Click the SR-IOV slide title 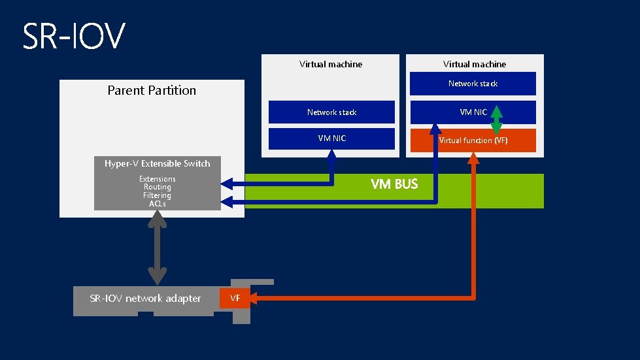[x=73, y=37]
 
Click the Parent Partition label [x=152, y=91]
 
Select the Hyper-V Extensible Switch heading [x=158, y=163]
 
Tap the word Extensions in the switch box [x=158, y=179]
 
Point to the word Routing [x=158, y=187]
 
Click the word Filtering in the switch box [x=158, y=195]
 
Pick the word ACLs [x=158, y=204]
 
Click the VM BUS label [x=394, y=184]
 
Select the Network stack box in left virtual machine [x=332, y=112]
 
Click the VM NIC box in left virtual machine [x=332, y=139]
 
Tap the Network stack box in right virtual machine [x=473, y=84]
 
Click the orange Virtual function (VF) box [x=472, y=140]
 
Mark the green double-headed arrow [x=496, y=120]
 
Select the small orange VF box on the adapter [x=235, y=298]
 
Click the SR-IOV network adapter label [x=145, y=299]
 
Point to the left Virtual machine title [x=331, y=64]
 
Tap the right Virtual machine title [x=474, y=64]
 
